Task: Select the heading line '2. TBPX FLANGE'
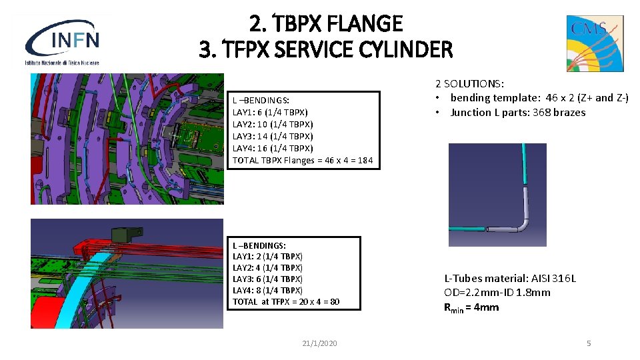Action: [326, 24]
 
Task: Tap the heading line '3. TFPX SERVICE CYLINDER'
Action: [326, 49]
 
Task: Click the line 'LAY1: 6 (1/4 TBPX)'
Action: [270, 112]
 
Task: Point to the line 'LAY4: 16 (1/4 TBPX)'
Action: [273, 148]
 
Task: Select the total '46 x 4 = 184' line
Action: [303, 160]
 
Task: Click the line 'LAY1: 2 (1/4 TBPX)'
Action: [267, 256]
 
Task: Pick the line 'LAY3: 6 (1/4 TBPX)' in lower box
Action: [267, 279]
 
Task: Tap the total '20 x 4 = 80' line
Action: [286, 302]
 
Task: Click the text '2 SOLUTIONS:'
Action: [469, 83]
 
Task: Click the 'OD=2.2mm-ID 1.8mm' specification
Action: [497, 293]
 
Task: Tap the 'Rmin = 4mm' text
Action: [471, 307]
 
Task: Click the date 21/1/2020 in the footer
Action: [319, 343]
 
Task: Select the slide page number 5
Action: [589, 343]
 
